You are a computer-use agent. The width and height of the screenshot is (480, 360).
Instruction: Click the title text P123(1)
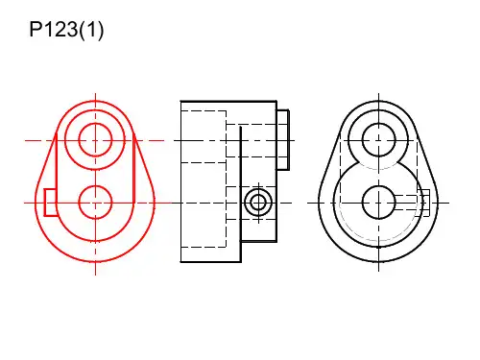click(66, 30)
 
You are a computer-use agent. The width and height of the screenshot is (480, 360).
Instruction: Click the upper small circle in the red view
click(95, 124)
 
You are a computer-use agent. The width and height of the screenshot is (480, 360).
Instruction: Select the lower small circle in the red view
click(95, 186)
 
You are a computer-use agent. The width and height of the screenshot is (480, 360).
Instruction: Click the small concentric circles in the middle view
click(258, 189)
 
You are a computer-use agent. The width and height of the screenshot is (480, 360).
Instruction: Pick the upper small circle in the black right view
click(379, 124)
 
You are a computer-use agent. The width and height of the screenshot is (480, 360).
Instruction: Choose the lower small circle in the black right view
click(379, 186)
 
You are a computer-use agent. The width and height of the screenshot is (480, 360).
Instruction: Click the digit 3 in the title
click(71, 30)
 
